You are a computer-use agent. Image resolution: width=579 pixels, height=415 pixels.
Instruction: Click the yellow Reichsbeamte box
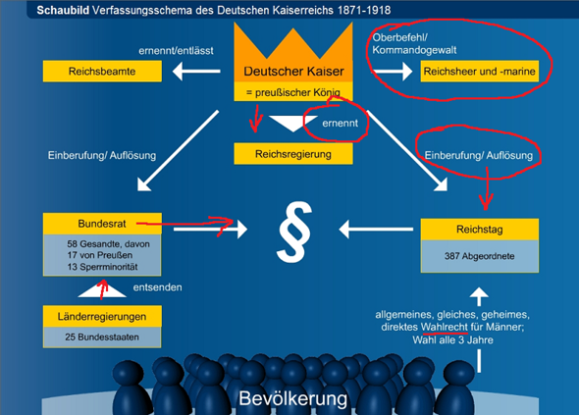[102, 72]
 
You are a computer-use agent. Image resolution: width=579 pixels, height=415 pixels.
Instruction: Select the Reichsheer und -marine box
[479, 72]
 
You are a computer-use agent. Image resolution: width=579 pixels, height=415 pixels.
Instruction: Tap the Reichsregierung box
[293, 154]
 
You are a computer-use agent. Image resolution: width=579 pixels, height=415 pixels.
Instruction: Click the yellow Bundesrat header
[102, 224]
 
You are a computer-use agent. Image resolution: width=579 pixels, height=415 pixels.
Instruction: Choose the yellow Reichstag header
[479, 230]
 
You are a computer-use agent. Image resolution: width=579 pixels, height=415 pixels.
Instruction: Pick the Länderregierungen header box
[102, 317]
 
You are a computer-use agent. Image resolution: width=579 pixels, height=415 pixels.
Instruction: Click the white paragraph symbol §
[294, 232]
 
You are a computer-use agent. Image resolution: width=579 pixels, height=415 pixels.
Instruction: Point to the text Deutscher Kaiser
[293, 71]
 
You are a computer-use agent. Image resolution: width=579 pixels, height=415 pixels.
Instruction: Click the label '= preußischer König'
[293, 92]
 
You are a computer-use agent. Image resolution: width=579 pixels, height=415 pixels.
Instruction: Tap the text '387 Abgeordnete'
[479, 256]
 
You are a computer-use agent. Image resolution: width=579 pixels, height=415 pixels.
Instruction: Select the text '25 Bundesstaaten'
[102, 337]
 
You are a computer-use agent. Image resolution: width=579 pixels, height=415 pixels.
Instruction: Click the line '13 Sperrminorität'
[102, 267]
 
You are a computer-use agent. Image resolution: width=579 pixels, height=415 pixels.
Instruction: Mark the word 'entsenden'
[157, 287]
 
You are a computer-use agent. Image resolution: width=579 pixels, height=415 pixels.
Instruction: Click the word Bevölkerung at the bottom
[292, 398]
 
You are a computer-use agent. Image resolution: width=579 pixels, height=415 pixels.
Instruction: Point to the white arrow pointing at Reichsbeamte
[196, 71]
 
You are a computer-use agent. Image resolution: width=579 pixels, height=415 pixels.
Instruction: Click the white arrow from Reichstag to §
[376, 230]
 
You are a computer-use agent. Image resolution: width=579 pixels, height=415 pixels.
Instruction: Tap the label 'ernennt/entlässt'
[176, 51]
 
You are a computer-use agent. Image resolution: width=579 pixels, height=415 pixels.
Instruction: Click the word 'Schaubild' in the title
[63, 10]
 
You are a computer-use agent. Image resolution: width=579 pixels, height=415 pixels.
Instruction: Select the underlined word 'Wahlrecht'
[445, 327]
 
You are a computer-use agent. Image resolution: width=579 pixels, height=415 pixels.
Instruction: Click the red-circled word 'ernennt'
[340, 123]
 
